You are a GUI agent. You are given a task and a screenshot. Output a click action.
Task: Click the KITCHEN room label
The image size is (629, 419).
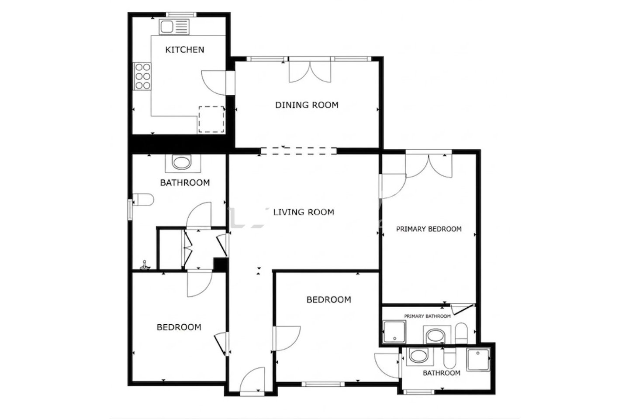click(x=184, y=50)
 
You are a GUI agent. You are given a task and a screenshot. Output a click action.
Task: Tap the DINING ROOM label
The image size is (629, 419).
click(x=307, y=105)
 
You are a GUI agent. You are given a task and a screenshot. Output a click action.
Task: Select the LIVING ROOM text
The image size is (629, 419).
click(x=304, y=212)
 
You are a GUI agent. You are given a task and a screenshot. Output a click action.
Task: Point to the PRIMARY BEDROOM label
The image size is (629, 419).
click(x=429, y=229)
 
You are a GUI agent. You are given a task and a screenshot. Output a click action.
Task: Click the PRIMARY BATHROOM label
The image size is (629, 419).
click(x=427, y=316)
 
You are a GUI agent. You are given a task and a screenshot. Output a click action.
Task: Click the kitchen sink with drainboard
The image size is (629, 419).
click(x=174, y=27)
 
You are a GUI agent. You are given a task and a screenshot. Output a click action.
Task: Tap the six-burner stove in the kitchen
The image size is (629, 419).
click(x=142, y=76)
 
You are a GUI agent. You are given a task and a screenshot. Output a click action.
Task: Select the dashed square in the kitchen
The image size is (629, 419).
click(x=211, y=119)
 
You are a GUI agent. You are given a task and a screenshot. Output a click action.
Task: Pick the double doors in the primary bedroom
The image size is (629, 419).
click(x=429, y=165)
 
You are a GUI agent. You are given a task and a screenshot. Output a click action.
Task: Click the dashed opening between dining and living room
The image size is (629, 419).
click(x=298, y=151)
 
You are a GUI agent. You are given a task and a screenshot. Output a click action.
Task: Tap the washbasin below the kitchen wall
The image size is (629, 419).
click(x=182, y=163)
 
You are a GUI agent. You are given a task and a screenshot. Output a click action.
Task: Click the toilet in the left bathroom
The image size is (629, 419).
click(x=143, y=199)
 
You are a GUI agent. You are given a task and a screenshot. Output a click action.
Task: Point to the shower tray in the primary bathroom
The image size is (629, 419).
click(x=394, y=332)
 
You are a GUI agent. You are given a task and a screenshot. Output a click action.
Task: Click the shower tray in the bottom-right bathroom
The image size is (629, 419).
click(x=478, y=360)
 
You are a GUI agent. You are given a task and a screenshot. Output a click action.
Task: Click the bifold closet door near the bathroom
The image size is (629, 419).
click(x=187, y=248)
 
